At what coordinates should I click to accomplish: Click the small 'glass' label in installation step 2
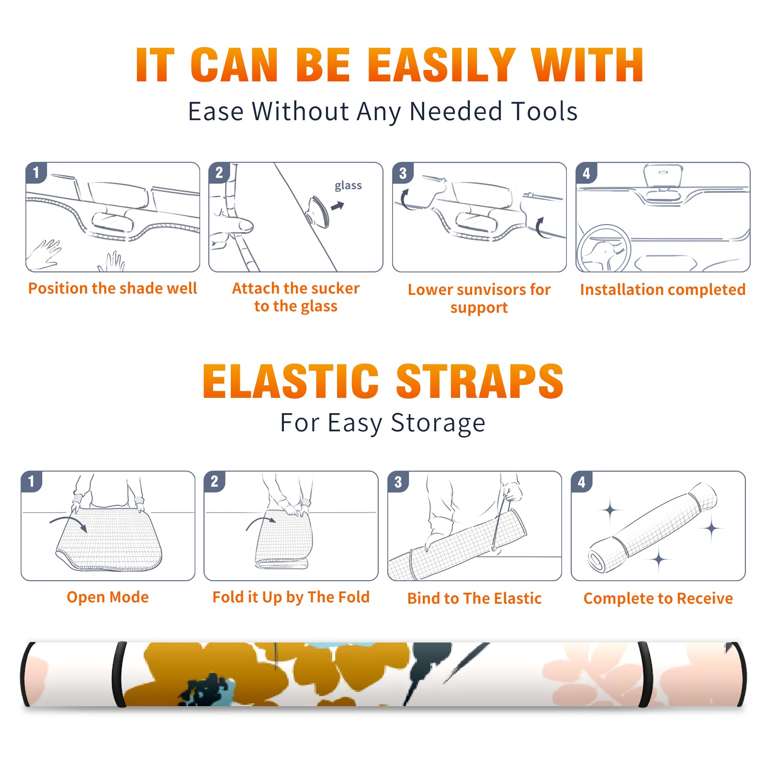coord(348,186)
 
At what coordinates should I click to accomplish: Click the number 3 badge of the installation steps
coord(403,173)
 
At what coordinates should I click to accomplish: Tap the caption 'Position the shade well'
coord(113,288)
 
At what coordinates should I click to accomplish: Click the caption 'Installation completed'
coord(663,290)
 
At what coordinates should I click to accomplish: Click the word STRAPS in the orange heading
coord(480,381)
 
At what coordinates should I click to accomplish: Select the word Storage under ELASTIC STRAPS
coord(438,423)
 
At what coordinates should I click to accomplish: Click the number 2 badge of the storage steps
coord(214,482)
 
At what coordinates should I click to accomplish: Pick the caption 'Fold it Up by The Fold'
coord(291,597)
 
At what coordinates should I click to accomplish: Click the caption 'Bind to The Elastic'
coord(474,598)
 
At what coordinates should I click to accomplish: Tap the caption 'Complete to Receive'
coord(658,598)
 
